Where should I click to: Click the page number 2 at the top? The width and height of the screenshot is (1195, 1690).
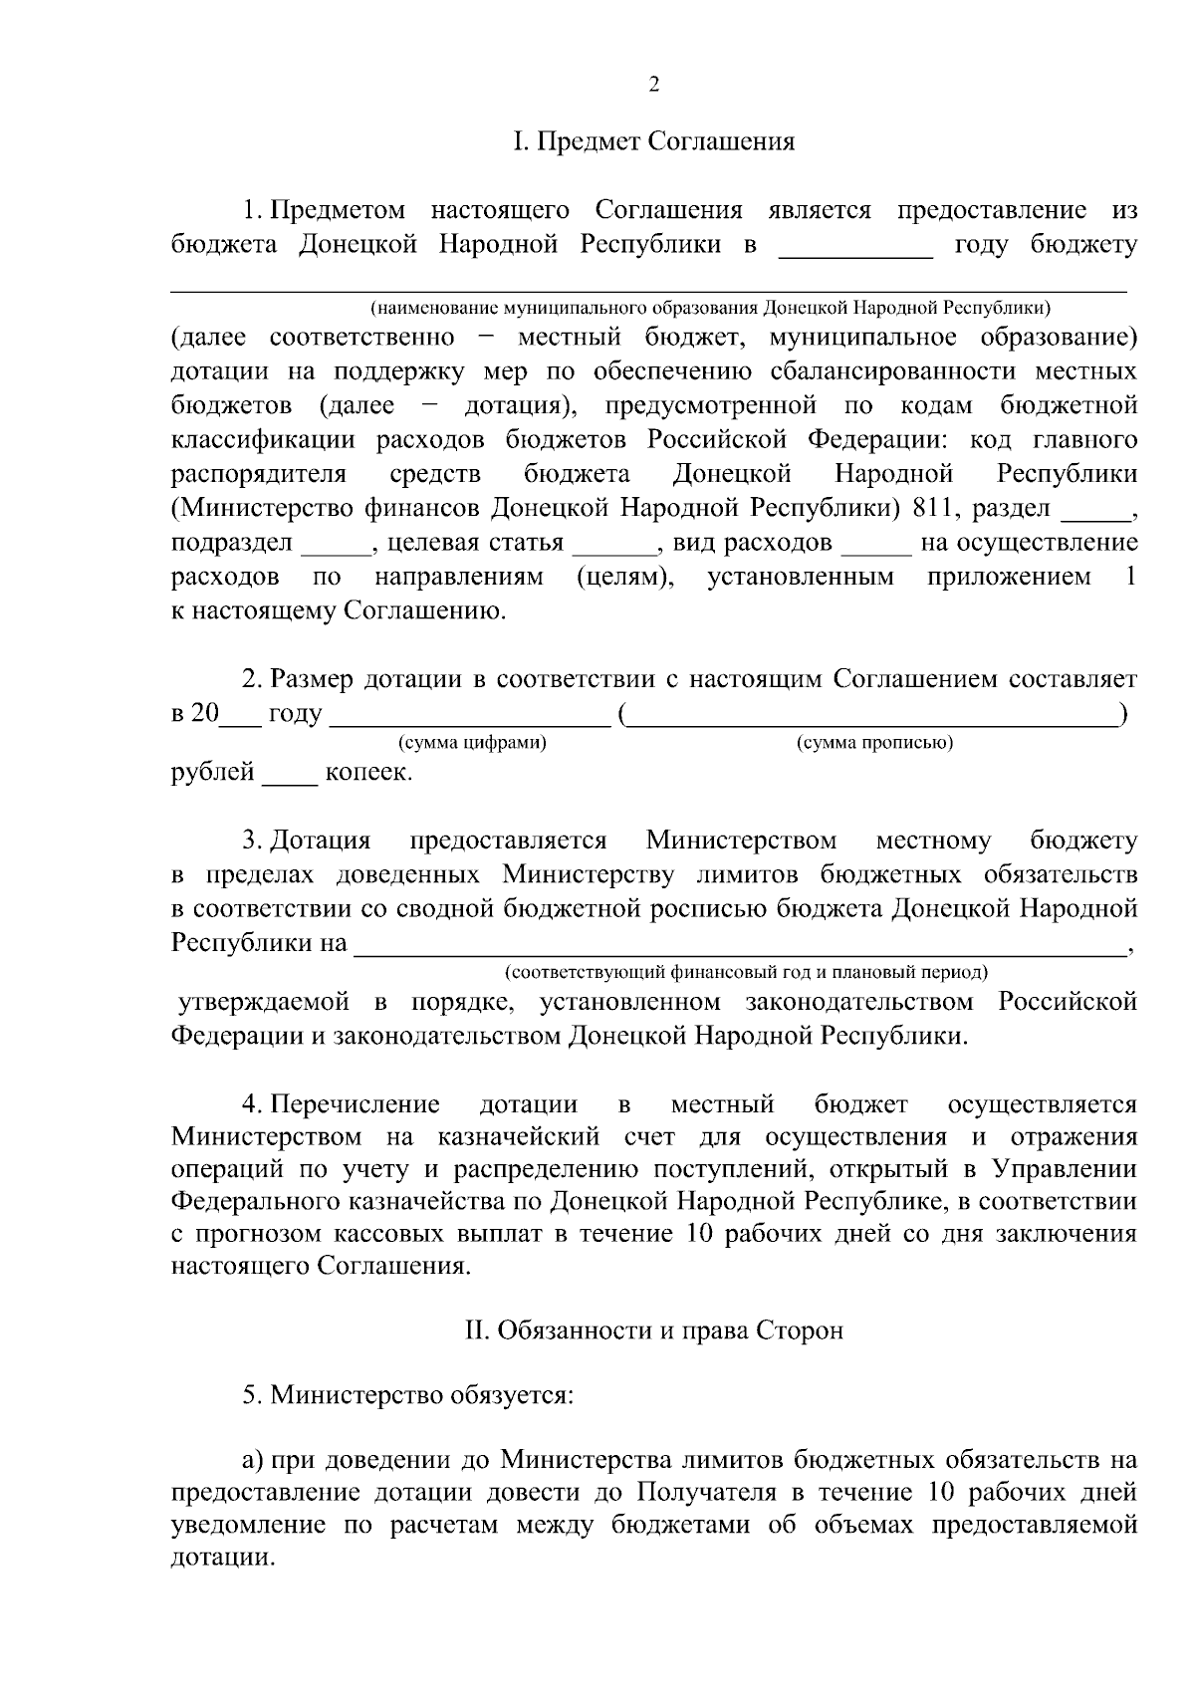(654, 85)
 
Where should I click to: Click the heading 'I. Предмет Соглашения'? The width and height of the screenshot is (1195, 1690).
(654, 141)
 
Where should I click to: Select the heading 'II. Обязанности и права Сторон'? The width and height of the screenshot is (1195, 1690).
(654, 1329)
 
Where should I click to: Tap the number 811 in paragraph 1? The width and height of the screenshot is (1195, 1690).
(930, 508)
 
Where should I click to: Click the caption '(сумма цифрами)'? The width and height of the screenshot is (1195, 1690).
(472, 743)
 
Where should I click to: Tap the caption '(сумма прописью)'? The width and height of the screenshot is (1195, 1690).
(874, 743)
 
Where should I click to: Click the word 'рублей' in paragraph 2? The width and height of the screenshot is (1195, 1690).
(212, 773)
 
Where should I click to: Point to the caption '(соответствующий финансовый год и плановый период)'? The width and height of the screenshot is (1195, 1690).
(745, 971)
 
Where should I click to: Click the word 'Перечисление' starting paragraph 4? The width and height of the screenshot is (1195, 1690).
(355, 1104)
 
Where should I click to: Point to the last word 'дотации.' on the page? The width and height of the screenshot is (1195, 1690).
(222, 1559)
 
